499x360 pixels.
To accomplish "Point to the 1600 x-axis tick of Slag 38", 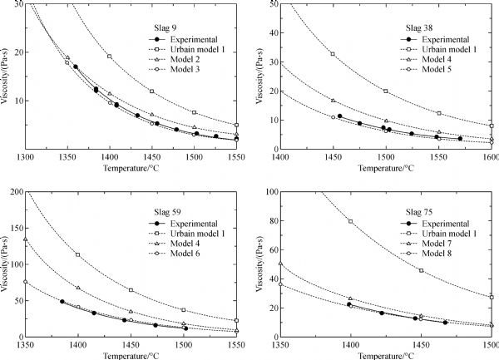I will pyautogui.click(x=491, y=155).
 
